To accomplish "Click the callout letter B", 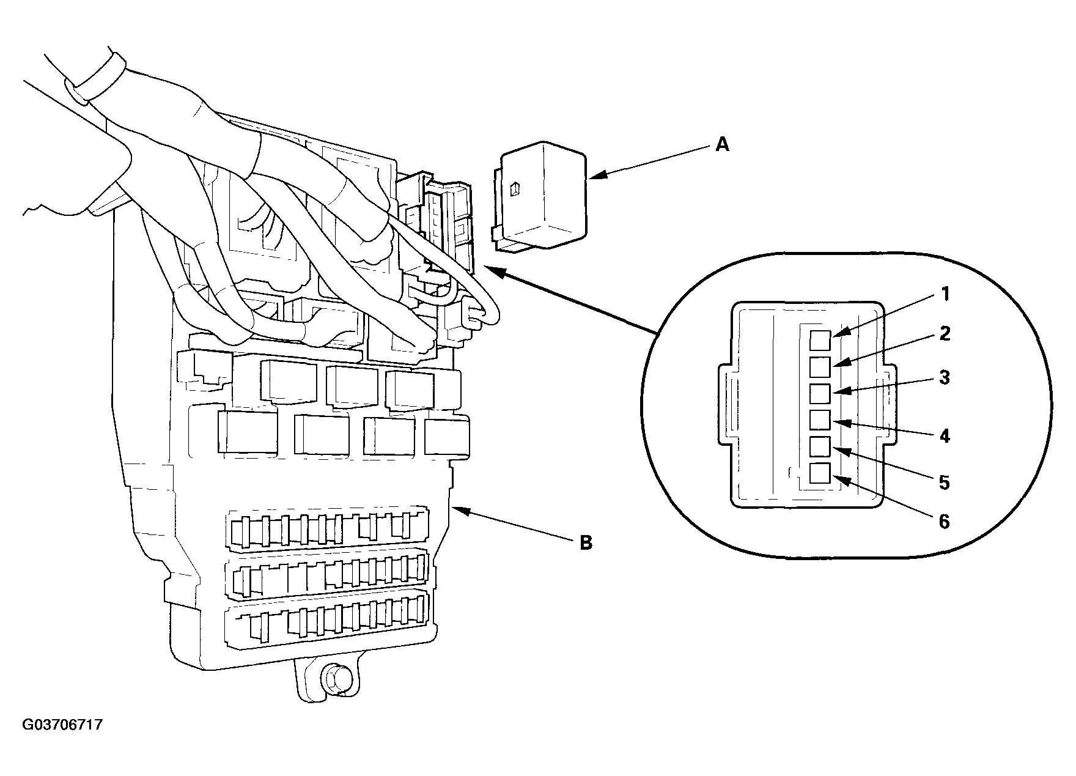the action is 586,542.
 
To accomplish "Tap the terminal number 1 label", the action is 945,295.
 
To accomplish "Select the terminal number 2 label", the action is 945,334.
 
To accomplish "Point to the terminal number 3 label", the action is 945,377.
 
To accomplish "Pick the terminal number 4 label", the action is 945,436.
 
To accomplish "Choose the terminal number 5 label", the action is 945,482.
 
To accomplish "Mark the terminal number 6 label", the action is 945,522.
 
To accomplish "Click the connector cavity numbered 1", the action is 820,340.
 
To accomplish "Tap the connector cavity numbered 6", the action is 820,473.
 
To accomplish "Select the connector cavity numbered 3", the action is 820,394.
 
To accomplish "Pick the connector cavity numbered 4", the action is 820,420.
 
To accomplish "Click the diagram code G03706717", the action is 62,725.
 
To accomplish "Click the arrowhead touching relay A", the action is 596,176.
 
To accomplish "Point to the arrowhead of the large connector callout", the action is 494,271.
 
